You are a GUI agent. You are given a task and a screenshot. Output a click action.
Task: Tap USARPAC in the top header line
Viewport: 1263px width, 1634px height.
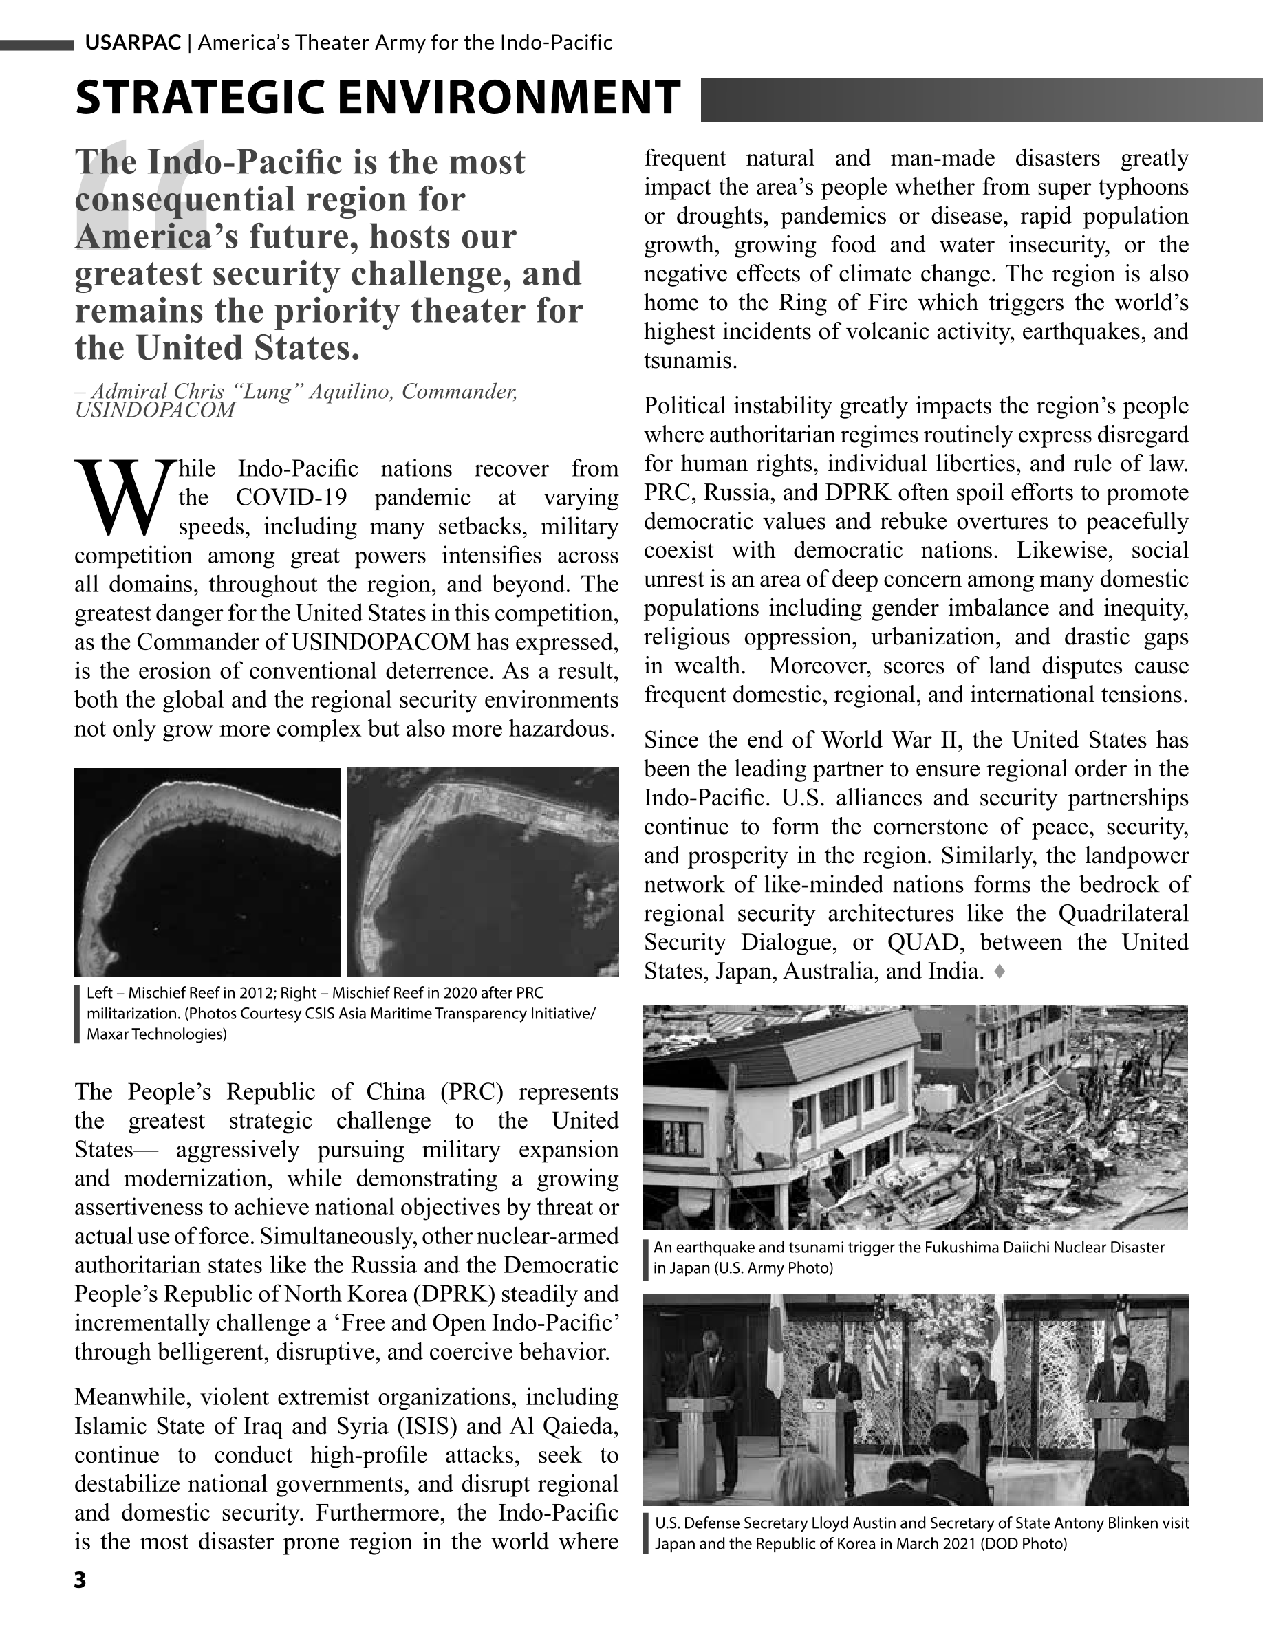click(133, 43)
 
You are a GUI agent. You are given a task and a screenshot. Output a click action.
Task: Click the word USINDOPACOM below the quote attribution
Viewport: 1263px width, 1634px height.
click(155, 410)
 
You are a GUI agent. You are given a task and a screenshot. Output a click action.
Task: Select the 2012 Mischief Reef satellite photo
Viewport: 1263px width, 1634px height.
click(207, 871)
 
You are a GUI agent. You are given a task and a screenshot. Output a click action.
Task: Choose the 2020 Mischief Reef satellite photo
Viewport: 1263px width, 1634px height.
click(484, 871)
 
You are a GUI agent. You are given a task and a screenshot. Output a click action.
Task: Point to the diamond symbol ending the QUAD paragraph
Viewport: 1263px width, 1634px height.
click(999, 972)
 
